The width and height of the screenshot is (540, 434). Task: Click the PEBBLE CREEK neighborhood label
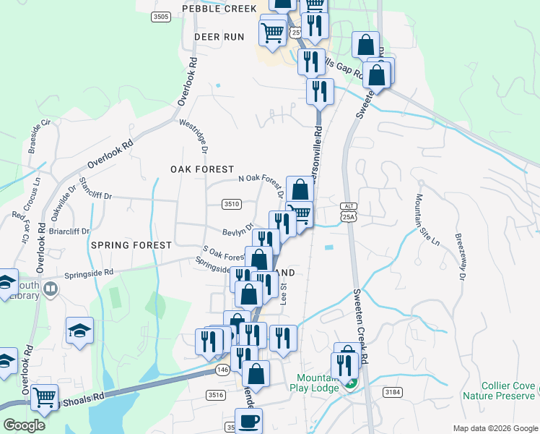click(219, 9)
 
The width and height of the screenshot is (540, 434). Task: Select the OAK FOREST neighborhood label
click(203, 169)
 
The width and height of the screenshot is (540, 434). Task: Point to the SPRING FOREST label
click(131, 245)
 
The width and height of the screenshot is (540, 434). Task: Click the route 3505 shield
click(161, 17)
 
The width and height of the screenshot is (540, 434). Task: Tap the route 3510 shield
click(231, 205)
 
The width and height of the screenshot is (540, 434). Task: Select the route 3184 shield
click(393, 392)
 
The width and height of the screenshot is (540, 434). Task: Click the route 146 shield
click(222, 370)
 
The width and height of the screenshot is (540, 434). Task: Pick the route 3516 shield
click(214, 394)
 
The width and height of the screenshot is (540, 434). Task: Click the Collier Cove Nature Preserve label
click(508, 391)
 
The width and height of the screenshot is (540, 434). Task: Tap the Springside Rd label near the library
click(89, 273)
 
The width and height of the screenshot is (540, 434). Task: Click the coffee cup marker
click(249, 420)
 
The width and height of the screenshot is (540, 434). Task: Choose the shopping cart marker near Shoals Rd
click(45, 397)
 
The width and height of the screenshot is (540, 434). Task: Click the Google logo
click(25, 425)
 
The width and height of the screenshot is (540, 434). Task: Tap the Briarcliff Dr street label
click(70, 232)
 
